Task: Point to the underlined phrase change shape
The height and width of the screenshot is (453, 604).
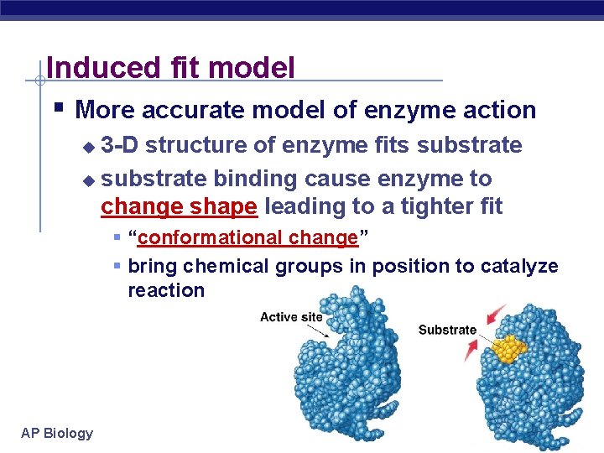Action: (179, 206)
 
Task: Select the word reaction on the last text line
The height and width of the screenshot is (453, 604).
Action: (166, 290)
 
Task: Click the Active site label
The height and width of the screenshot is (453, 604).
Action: (291, 316)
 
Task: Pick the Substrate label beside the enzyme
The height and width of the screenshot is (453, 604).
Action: (447, 330)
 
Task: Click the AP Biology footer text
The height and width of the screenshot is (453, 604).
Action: (57, 433)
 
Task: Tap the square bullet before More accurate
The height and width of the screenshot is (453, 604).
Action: (56, 108)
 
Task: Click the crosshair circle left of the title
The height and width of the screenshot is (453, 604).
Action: (39, 81)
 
